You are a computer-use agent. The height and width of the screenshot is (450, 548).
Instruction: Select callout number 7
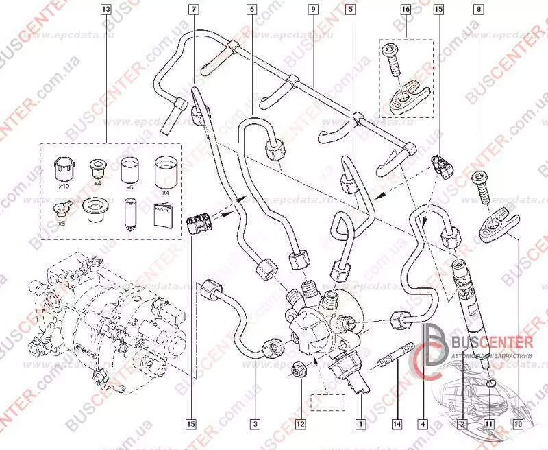[x=193, y=10]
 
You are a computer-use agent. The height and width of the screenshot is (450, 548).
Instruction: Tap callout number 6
[x=252, y=10]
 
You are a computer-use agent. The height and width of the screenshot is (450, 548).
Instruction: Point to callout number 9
[x=312, y=10]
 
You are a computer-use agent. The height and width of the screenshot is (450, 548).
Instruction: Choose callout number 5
[x=351, y=10]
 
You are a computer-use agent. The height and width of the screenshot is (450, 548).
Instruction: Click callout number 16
[x=406, y=10]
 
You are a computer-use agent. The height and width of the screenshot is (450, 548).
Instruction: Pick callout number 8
[x=478, y=10]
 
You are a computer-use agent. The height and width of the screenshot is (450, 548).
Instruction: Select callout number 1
[x=359, y=424]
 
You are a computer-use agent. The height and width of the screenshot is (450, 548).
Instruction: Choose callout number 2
[x=463, y=424]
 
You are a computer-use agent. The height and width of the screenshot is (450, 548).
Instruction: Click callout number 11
[x=488, y=424]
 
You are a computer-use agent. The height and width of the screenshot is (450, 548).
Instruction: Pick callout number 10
[x=519, y=424]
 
